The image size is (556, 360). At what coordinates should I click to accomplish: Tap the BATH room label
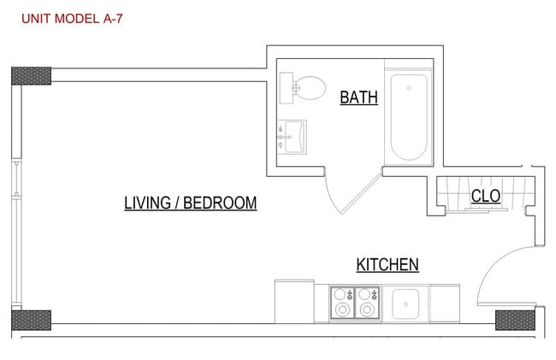359,97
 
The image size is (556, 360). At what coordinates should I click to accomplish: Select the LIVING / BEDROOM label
190,204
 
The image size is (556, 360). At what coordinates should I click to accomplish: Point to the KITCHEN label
387,265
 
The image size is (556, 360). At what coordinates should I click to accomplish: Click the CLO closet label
486,196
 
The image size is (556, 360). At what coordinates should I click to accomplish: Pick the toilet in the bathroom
304,86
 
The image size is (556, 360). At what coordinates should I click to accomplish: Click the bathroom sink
295,135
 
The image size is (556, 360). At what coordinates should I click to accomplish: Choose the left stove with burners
342,303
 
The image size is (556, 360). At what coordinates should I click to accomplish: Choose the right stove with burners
368,303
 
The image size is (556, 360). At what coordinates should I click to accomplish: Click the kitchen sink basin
404,303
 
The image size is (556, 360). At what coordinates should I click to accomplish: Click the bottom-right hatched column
516,320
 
